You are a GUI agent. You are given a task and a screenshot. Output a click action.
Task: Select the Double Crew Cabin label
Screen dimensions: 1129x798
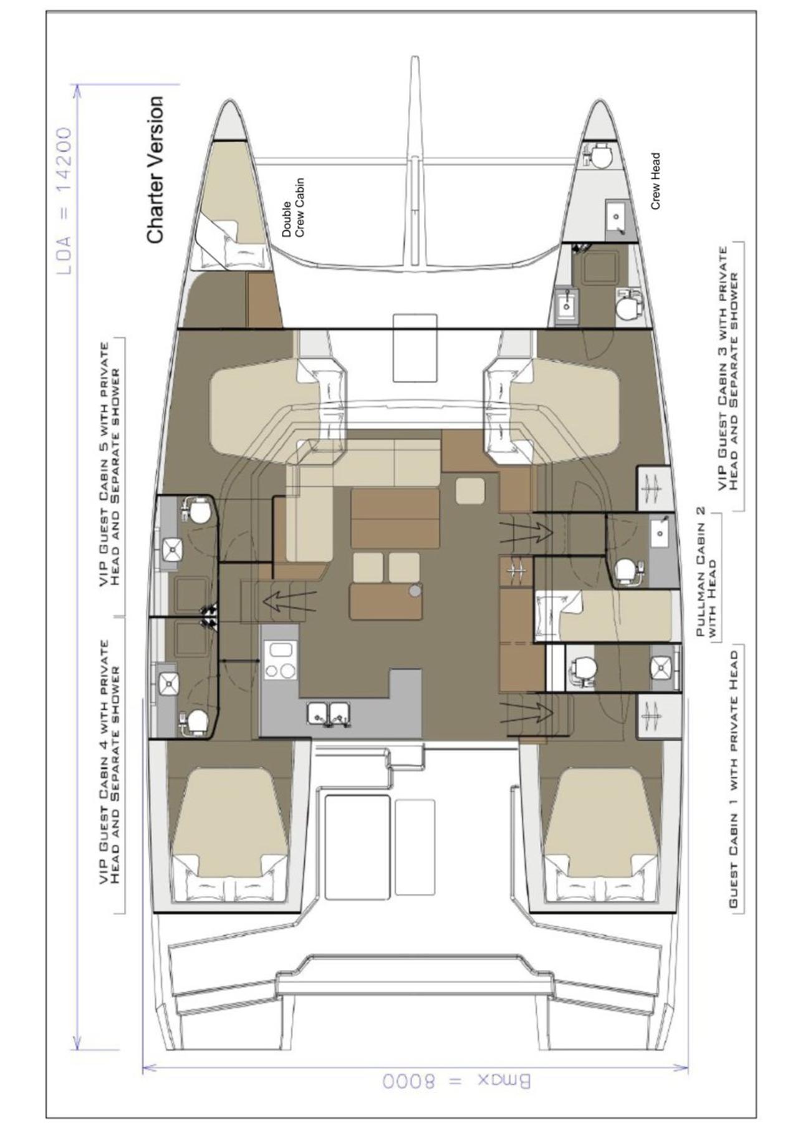(292, 208)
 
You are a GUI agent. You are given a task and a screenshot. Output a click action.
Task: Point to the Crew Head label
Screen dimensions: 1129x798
(655, 181)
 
